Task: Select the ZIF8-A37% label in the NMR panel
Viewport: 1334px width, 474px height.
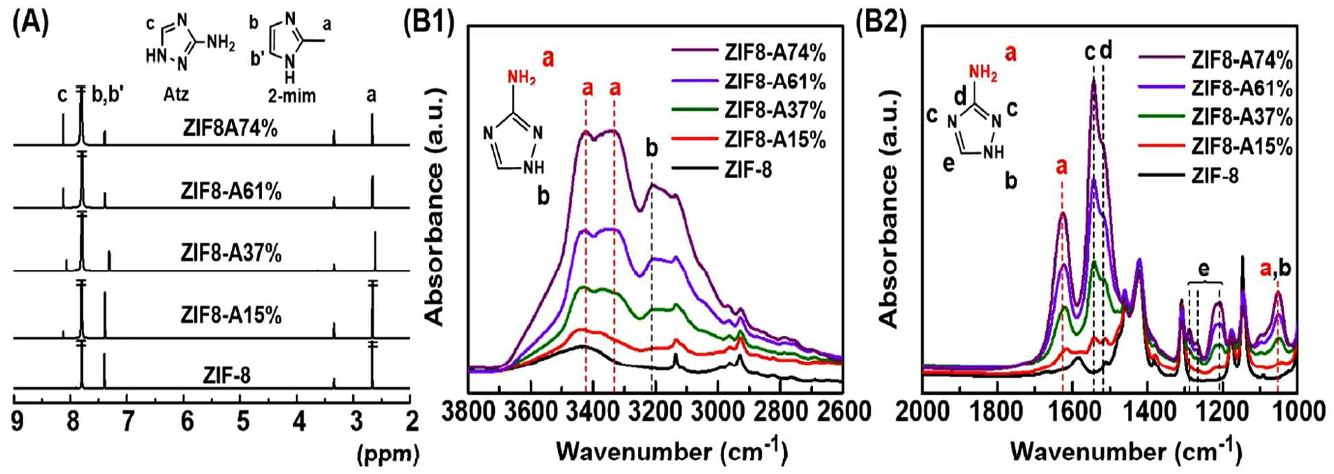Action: click(x=231, y=254)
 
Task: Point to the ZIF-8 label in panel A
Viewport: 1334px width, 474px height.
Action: click(x=227, y=376)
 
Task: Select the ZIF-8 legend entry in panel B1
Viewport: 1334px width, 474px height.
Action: click(x=748, y=168)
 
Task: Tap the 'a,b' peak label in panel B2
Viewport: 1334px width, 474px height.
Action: click(x=1275, y=269)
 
